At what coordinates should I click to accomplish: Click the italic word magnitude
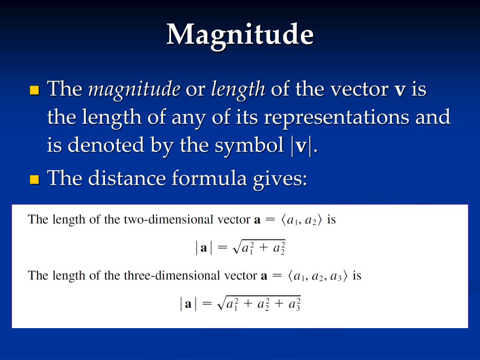[x=134, y=90]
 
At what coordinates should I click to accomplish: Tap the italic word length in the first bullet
[x=238, y=90]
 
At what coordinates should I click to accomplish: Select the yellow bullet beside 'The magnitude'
[x=35, y=90]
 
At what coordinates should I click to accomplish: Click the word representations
[x=337, y=118]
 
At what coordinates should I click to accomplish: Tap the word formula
[x=209, y=178]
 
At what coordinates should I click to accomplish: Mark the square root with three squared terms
[x=259, y=303]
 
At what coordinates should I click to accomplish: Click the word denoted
[x=106, y=145]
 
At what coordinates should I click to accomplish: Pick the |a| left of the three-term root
[x=188, y=304]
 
